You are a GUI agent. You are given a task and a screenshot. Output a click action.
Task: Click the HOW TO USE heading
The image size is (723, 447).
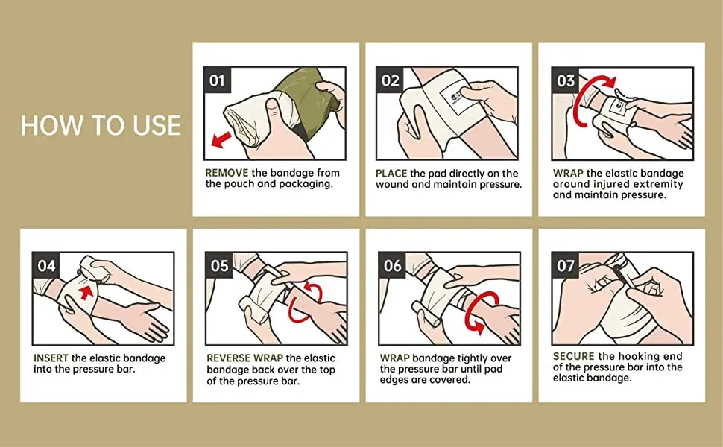[x=101, y=125]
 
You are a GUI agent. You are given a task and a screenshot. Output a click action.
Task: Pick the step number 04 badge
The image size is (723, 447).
[x=46, y=265]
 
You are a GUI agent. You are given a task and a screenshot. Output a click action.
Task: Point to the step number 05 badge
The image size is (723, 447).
[x=219, y=265]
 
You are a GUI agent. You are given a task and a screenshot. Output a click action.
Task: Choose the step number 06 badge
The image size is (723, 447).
[x=393, y=265]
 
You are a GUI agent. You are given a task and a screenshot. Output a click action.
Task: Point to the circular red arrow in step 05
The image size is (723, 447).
[x=305, y=301]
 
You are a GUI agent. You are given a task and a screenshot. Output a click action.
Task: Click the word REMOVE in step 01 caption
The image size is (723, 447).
[x=227, y=173]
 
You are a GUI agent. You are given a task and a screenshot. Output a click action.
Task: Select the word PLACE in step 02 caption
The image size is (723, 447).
[x=391, y=173]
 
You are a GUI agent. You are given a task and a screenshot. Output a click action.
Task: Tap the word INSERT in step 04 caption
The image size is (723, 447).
[x=51, y=358]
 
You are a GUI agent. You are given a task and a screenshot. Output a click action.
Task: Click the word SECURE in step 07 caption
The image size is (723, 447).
[x=573, y=356]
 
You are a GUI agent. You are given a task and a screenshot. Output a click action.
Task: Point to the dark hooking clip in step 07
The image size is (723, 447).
[x=617, y=272]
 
